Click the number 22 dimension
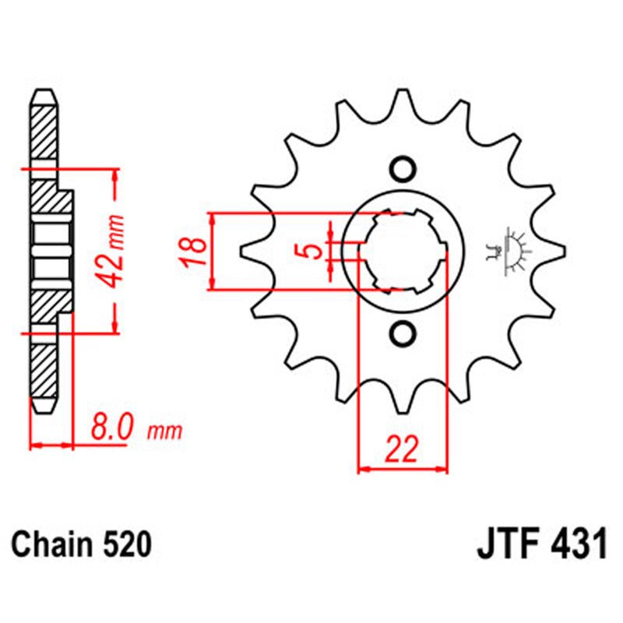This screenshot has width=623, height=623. point(403,450)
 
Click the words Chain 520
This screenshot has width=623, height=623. point(81,544)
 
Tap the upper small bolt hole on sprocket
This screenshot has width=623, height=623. point(403,169)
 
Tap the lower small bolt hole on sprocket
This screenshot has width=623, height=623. point(403,333)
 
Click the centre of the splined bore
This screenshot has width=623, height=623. point(403,252)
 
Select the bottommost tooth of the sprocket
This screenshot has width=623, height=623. point(403,405)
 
